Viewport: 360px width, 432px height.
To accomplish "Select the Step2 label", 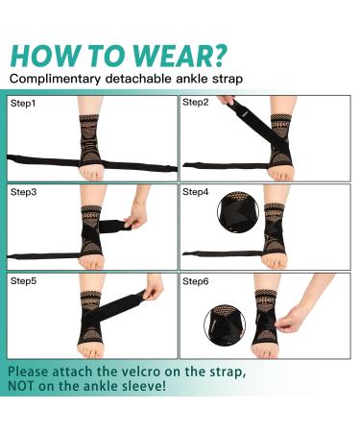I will coord(196,102).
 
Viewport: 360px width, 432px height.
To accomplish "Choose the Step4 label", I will coord(196,193).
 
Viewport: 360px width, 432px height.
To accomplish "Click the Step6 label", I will coord(196,281).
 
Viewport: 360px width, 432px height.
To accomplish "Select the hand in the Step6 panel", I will coord(302,312).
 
